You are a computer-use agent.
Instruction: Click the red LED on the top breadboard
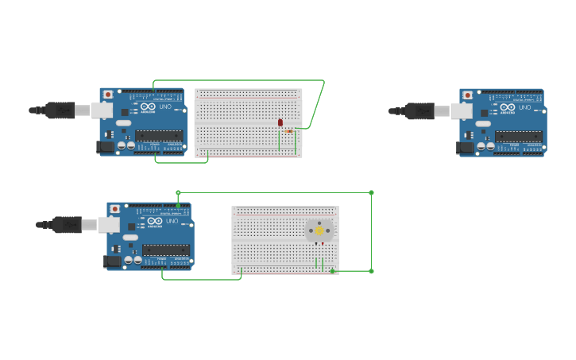click(280, 122)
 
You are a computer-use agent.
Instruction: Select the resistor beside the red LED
click(289, 131)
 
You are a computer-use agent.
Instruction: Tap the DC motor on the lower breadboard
click(319, 230)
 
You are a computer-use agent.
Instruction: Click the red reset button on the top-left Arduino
click(108, 95)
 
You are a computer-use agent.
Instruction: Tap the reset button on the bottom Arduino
click(115, 209)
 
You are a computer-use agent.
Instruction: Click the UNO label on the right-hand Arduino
click(525, 107)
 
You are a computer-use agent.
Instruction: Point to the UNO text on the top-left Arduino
click(165, 106)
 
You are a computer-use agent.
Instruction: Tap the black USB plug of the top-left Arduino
click(60, 110)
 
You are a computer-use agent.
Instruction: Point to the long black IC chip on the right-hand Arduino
click(519, 136)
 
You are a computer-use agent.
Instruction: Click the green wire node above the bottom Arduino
click(178, 192)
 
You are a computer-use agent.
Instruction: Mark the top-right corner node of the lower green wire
click(371, 192)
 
